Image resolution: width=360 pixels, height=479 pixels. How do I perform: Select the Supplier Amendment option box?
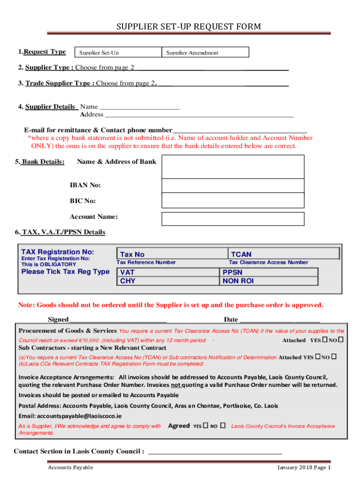[205, 52]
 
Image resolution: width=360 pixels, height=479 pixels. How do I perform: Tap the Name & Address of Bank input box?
[232, 167]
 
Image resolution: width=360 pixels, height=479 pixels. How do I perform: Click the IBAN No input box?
[232, 186]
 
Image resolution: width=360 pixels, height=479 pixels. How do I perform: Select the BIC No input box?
[232, 201]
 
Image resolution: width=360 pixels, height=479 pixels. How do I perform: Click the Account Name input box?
[232, 218]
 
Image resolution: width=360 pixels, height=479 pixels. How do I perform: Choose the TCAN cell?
[283, 254]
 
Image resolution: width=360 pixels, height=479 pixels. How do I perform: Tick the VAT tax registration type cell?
[168, 272]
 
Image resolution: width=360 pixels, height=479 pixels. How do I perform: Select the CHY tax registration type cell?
[168, 281]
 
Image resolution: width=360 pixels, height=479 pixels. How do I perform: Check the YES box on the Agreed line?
[206, 426]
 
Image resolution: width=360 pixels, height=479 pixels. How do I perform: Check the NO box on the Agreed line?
[223, 426]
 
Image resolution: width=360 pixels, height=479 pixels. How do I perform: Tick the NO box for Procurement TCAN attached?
[341, 339]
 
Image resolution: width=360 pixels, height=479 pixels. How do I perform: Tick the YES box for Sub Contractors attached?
[318, 357]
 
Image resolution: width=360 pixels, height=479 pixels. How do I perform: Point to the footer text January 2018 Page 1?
[304, 467]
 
